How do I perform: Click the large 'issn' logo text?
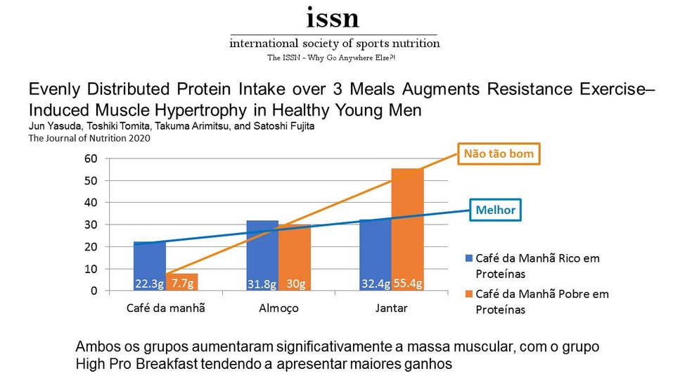[x=333, y=18]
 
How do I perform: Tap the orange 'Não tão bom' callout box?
[x=499, y=153]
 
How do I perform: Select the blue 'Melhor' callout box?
[x=495, y=210]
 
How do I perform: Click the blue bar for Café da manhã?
[x=150, y=266]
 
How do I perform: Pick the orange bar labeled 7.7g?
[x=182, y=282]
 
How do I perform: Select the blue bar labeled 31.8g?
[x=262, y=256]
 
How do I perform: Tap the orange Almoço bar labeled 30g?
[x=295, y=258]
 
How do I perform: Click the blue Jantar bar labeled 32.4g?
[x=375, y=255]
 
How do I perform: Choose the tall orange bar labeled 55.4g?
[x=407, y=229]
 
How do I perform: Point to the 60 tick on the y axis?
[x=91, y=158]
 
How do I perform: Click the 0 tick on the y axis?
[x=94, y=291]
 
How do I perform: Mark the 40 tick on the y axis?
[x=91, y=203]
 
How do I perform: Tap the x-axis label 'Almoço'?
[x=278, y=308]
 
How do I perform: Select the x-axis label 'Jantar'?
[x=392, y=308]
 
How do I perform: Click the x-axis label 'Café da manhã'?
[x=165, y=308]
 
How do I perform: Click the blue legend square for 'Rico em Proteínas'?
[x=469, y=258]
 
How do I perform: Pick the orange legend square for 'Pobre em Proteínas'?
[x=469, y=294]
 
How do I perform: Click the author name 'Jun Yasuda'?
[x=55, y=126]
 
